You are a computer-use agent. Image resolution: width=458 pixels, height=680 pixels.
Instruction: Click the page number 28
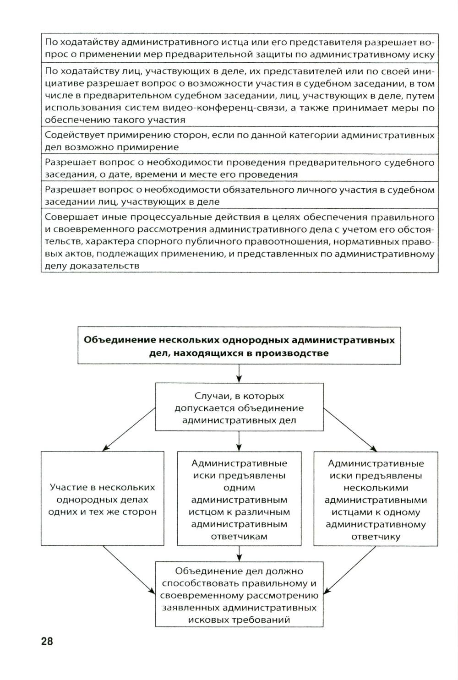click(x=47, y=641)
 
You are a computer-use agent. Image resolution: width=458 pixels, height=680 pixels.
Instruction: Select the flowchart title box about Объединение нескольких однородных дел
click(x=239, y=346)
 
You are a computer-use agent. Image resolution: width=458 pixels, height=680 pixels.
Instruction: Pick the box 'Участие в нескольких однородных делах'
click(x=102, y=499)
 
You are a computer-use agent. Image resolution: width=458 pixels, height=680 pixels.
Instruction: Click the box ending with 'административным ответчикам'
click(x=239, y=499)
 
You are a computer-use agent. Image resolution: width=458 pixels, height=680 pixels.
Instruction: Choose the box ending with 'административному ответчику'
click(x=376, y=499)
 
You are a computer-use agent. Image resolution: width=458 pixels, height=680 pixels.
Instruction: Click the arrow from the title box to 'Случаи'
click(x=239, y=374)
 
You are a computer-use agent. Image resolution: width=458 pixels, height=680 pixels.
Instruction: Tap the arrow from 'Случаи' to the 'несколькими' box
click(x=350, y=428)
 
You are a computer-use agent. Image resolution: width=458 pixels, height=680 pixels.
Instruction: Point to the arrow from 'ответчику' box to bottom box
click(x=350, y=570)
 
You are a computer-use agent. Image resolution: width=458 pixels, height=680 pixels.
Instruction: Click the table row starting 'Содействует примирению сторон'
click(x=239, y=141)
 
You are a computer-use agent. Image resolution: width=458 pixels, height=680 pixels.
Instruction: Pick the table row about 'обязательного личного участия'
click(x=239, y=196)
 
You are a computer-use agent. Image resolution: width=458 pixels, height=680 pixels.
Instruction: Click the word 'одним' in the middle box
click(x=239, y=488)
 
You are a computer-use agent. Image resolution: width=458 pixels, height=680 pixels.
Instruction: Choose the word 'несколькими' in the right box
click(x=376, y=488)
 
